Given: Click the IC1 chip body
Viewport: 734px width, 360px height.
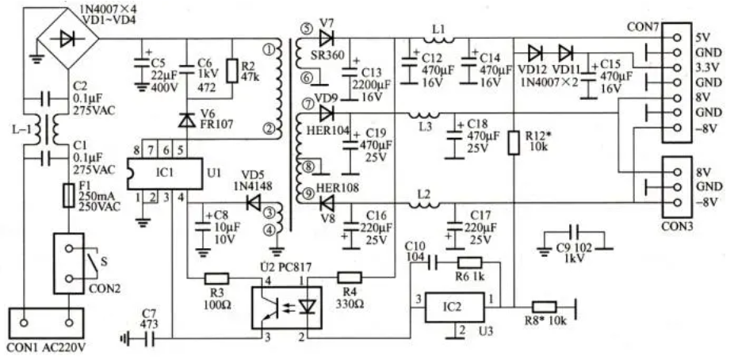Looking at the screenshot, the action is (x=165, y=174).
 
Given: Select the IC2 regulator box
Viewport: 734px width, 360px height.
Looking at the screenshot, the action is (x=454, y=308).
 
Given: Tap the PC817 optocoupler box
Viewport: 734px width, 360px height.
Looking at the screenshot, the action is (x=287, y=308).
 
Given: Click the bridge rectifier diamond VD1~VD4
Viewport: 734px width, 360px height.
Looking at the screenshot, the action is (x=68, y=39).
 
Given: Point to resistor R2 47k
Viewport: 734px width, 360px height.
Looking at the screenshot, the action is (x=232, y=71).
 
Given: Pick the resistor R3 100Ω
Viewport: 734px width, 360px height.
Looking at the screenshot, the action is (x=216, y=279).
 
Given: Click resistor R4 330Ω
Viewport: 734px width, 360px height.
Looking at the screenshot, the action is (x=350, y=278).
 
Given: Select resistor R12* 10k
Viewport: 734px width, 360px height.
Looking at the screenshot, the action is (x=514, y=143).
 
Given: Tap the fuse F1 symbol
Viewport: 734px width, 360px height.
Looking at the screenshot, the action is (x=69, y=196).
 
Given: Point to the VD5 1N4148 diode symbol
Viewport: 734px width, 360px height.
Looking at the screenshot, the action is (x=253, y=203).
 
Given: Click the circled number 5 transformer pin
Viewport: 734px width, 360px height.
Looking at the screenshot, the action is (x=306, y=29).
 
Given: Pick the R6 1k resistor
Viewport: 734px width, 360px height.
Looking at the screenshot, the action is (x=469, y=263).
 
